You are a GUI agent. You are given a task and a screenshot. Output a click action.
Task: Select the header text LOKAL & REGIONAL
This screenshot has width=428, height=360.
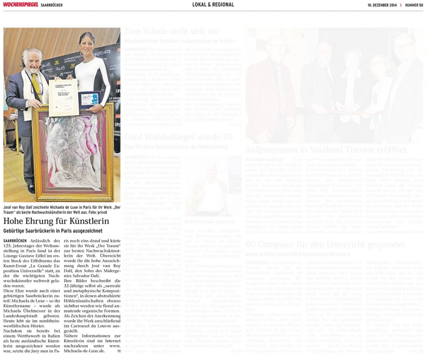coord(213,5)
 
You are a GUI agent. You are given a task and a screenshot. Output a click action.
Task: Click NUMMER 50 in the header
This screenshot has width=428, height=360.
coord(414,5)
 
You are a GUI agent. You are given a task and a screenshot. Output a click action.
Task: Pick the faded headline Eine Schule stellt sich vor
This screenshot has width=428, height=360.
coord(172,31)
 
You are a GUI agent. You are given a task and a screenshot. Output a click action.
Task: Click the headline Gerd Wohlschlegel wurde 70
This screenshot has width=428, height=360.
coord(178,137)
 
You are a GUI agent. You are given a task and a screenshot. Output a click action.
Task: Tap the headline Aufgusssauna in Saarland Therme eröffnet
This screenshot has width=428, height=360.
coord(326,149)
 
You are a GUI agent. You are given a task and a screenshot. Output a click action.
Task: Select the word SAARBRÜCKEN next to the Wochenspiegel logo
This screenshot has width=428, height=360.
coord(52,5)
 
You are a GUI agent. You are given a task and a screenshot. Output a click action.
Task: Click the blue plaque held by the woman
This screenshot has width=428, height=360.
coord(89,100)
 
